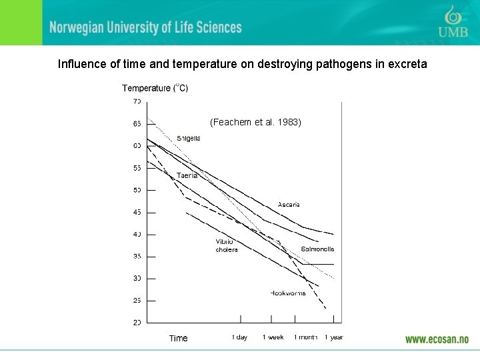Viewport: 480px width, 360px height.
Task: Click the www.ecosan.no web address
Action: tap(437, 339)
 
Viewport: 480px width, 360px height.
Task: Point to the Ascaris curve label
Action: tap(288, 205)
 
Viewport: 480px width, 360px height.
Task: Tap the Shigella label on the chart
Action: tap(188, 139)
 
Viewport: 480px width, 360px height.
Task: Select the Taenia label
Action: tap(187, 175)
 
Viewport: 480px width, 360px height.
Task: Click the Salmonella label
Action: tap(317, 249)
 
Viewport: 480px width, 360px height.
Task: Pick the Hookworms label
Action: tap(288, 293)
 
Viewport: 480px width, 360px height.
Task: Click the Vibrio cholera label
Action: tap(226, 245)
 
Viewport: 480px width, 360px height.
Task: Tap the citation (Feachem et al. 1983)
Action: tap(255, 123)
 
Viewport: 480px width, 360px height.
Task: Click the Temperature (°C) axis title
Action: tap(155, 88)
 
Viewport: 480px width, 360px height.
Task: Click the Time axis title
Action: tap(178, 338)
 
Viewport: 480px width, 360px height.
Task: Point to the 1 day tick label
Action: tap(239, 337)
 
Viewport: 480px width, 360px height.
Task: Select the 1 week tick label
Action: tap(273, 337)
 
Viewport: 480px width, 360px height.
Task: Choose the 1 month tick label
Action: tap(305, 337)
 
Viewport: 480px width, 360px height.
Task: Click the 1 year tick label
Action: tap(333, 337)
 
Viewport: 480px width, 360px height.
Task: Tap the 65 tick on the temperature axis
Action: tap(137, 123)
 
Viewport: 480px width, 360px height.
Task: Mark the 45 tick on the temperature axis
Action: tap(137, 212)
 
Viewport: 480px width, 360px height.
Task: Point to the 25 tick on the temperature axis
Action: tap(137, 301)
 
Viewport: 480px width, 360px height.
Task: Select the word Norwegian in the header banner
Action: tap(77, 27)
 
